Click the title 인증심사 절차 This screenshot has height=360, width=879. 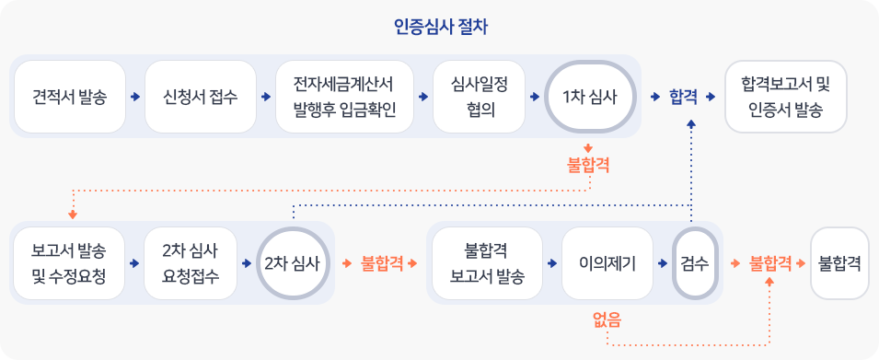pos(439,27)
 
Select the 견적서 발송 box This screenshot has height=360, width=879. pos(68,97)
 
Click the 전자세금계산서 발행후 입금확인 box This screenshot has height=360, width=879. pos(343,97)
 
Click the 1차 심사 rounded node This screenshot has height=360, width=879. pos(590,97)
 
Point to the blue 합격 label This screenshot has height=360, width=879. pos(682,97)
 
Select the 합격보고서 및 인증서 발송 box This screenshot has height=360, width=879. pos(785,97)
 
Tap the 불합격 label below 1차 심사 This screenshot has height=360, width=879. pos(588,167)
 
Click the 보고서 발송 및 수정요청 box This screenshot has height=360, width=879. pos(68,263)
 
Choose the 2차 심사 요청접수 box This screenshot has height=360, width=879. pos(190,263)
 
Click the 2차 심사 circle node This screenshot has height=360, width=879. pos(292,263)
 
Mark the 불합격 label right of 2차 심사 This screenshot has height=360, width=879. pos(382,264)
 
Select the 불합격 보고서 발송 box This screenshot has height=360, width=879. pos(487,263)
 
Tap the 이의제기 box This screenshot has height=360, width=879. pos(607,263)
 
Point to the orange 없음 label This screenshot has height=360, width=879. pos(607,320)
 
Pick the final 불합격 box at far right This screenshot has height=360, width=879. pos(839,263)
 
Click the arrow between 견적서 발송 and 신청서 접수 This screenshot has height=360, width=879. pos(135,97)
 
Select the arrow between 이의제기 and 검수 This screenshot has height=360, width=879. pos(663,264)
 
